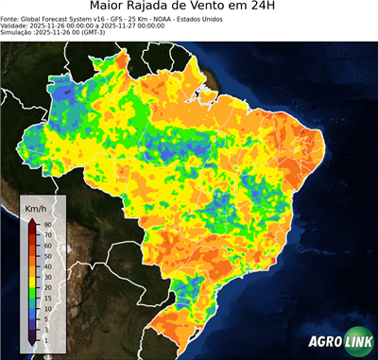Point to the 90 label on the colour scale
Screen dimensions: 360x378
coord(46,224)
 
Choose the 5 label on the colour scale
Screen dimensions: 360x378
coord(45,317)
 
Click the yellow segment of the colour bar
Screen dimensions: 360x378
coord(31,280)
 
